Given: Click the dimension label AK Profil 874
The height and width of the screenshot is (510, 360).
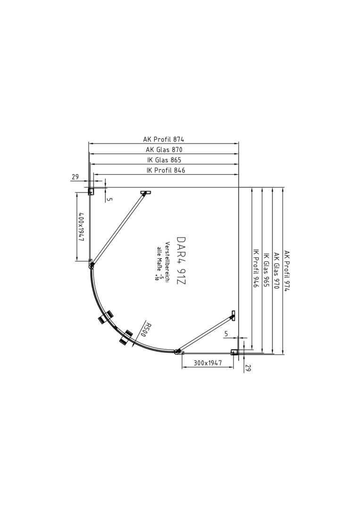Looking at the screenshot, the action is [164, 139].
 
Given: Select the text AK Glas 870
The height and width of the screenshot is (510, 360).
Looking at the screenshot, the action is [164, 150].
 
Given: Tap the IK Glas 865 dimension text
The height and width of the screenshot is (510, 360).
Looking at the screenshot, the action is [164, 160].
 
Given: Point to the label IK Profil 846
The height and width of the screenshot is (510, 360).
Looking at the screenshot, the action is [166, 170].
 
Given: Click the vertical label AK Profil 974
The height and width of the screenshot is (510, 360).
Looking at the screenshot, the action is [286, 271].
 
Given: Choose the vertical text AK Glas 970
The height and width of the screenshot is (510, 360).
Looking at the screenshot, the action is [276, 271].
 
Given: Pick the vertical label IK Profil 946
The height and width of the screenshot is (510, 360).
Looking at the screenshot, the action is [256, 268].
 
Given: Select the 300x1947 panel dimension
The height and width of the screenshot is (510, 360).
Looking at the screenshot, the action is [208, 363].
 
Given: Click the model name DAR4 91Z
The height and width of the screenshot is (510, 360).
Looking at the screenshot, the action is [181, 261].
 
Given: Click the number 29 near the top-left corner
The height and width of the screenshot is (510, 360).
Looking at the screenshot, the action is [75, 177].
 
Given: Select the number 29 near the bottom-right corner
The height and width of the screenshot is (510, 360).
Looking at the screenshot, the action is [249, 368].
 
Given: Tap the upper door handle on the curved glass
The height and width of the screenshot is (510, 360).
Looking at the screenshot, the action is [106, 317].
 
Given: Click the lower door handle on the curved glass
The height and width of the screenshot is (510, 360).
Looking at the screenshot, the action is [126, 337].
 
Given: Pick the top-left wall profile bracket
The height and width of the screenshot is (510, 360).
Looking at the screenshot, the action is [91, 191].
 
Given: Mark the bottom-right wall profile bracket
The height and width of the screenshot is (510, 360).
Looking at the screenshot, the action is [234, 352].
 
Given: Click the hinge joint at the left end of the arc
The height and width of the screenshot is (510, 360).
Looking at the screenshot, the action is [92, 266].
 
